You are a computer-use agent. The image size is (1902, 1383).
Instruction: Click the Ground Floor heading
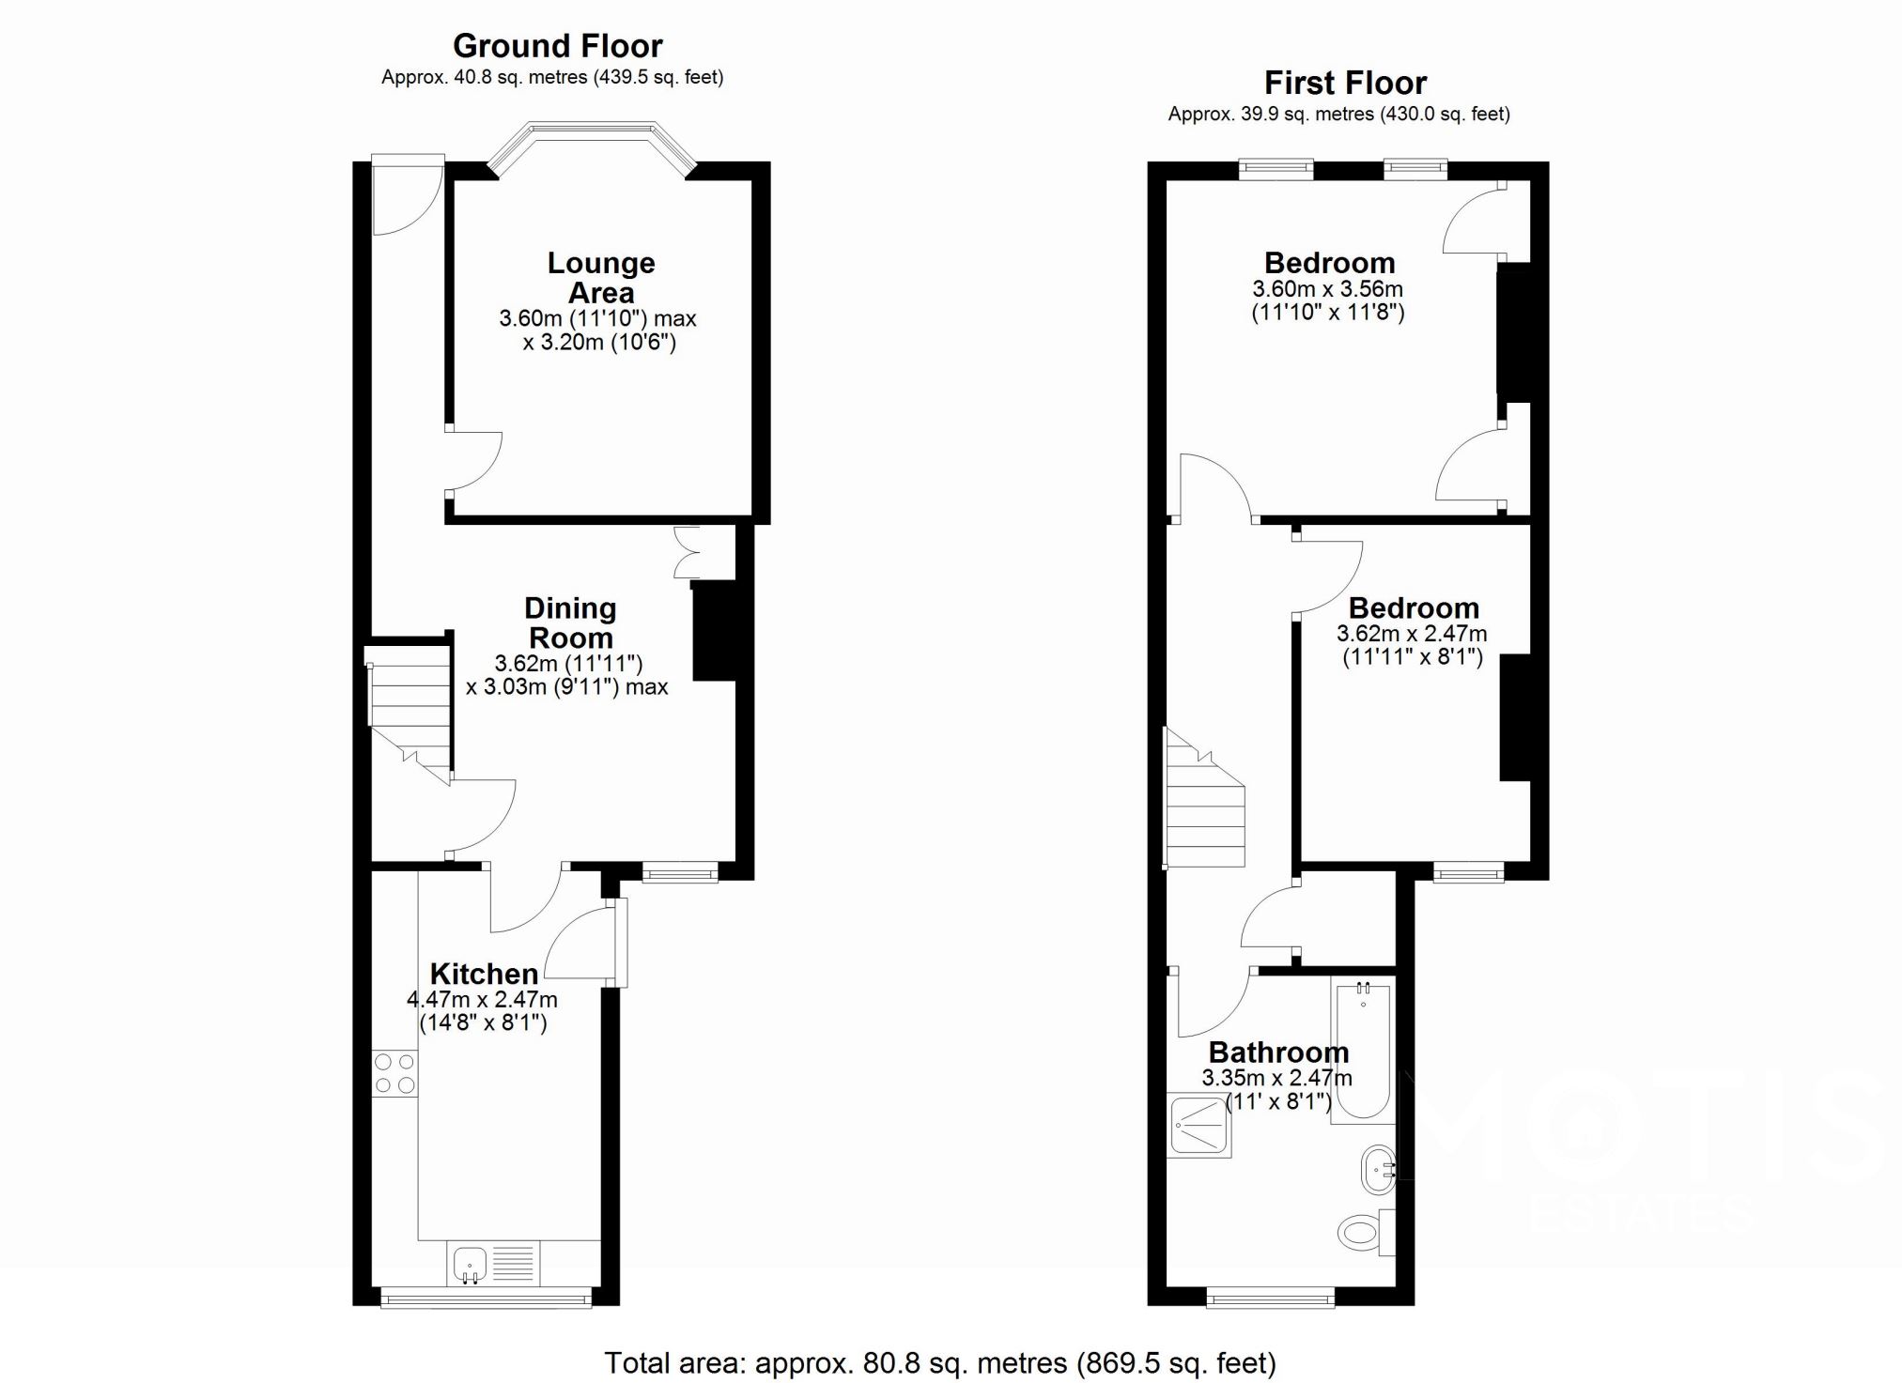coord(557,45)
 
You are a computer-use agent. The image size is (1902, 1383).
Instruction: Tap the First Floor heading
coord(1345,83)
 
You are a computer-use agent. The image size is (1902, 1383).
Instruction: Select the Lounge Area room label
coord(601,278)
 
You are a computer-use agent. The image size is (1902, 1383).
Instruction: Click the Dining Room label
coord(570,622)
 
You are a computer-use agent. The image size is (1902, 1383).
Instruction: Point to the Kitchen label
coord(484,974)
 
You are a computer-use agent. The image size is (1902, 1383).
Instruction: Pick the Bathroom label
coord(1278,1053)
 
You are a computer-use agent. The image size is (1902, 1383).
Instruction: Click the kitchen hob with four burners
coord(394,1073)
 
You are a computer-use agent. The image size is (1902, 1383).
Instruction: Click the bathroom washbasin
coord(1378,1169)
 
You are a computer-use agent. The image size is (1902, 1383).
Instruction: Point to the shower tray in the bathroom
coord(1198,1125)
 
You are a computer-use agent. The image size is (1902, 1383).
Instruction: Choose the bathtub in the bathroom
coord(1363,1050)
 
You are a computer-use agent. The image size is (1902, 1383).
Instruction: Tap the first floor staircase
coord(1205,798)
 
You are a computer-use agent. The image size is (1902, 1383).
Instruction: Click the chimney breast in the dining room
coord(713,630)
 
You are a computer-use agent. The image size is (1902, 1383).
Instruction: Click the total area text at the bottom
coord(940,1362)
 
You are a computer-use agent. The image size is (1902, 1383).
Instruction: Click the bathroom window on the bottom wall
coord(1271,1299)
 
